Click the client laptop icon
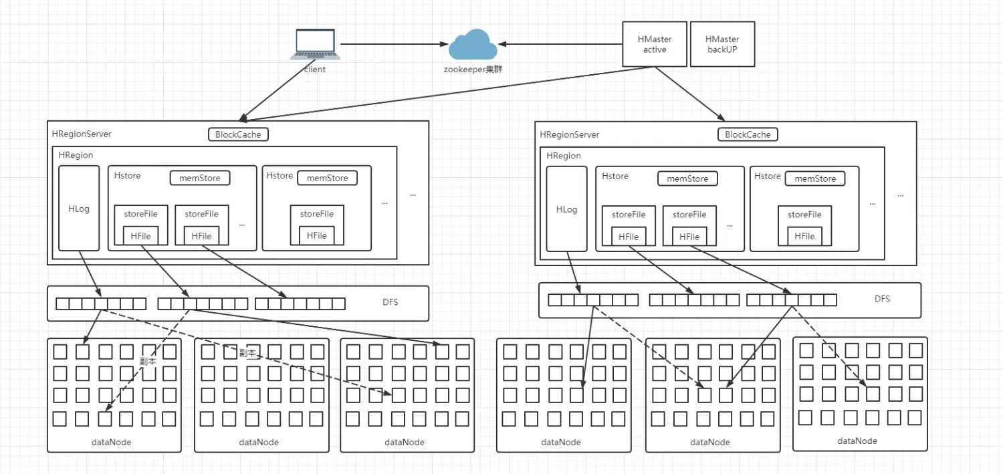pos(315,45)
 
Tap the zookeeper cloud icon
pos(473,44)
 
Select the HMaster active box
pos(655,44)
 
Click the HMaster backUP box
pos(722,44)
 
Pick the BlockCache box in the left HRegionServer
pos(239,134)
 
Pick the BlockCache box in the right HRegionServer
pos(748,134)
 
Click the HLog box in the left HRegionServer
pos(79,209)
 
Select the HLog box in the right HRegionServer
pos(566,209)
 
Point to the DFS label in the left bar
pos(390,302)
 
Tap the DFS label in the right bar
pos(882,299)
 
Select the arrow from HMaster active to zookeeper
pos(559,44)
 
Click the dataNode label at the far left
pos(112,442)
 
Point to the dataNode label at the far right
pos(857,441)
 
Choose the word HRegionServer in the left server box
pos(82,134)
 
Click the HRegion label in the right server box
pos(564,156)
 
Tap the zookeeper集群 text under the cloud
pos(472,69)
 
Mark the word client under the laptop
pos(315,69)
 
